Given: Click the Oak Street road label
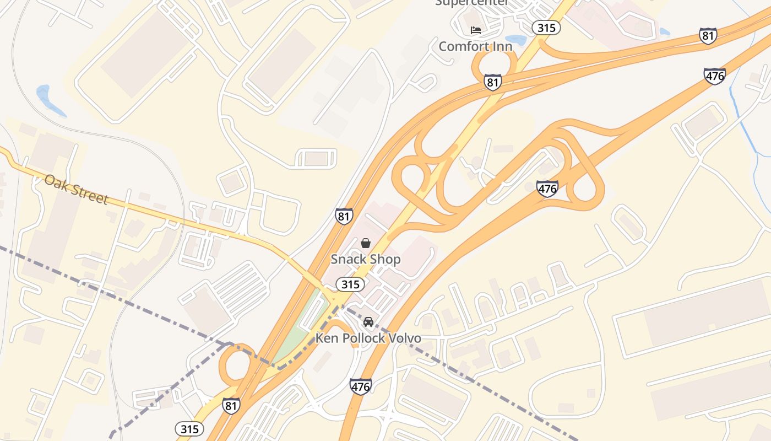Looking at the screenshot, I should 76,189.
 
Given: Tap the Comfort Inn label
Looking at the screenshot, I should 475,46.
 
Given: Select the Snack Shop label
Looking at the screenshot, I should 365,259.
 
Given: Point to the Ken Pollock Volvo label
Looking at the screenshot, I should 368,338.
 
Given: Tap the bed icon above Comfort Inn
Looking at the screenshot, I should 475,30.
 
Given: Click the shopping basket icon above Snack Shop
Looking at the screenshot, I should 365,243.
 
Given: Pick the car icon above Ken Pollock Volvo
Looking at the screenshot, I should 368,322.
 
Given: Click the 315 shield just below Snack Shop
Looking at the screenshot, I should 350,284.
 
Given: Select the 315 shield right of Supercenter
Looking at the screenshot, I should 546,28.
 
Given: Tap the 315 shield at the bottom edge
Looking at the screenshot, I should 189,428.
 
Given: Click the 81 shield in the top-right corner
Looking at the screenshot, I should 708,36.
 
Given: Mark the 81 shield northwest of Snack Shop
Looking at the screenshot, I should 344,216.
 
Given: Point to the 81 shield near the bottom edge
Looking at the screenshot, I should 231,406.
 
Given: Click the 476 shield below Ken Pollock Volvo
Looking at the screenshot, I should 360,386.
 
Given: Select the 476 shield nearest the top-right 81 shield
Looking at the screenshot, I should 714,76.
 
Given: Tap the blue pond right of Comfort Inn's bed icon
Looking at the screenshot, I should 517,40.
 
